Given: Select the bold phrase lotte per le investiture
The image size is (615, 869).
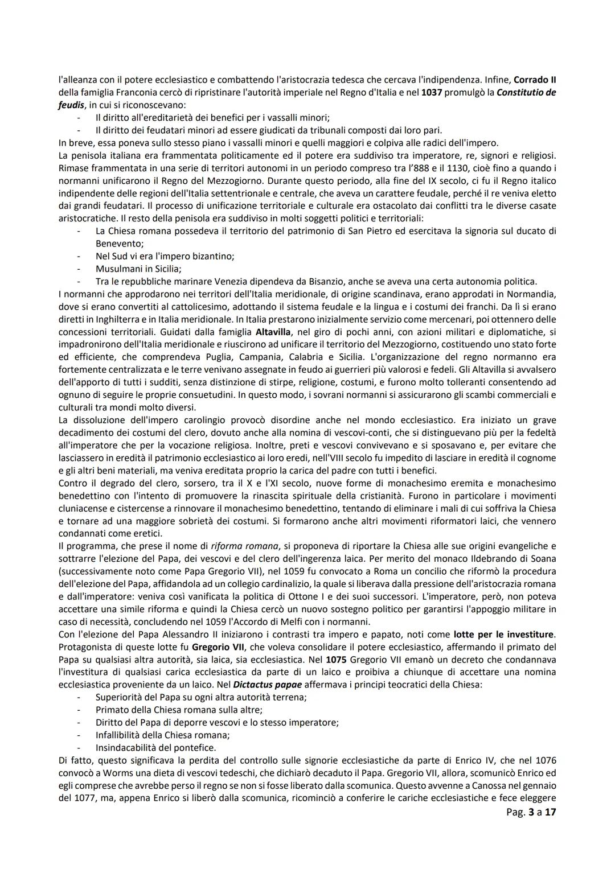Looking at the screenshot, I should [503, 634].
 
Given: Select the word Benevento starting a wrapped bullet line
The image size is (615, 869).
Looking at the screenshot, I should [119, 244].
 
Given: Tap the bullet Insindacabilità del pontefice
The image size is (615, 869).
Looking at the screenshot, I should [155, 748].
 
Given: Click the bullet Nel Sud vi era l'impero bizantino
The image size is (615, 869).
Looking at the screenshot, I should [165, 256].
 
